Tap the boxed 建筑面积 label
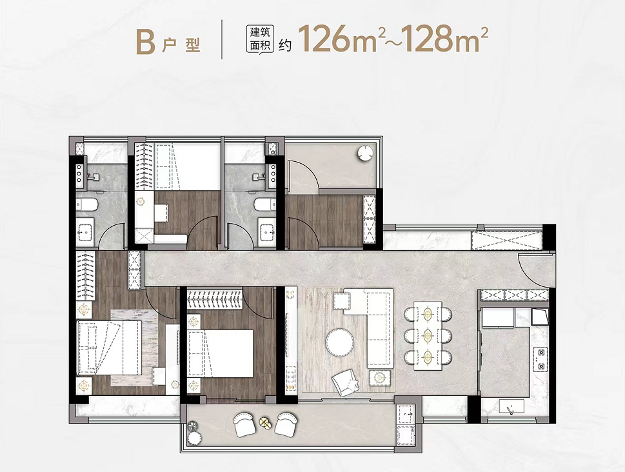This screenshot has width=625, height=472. click(260, 39)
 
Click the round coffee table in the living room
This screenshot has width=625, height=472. click(340, 342)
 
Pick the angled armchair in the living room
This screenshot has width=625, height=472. click(346, 383)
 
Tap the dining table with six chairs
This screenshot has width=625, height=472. click(428, 335)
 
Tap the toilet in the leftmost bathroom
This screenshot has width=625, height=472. click(86, 205)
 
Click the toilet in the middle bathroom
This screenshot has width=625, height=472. click(264, 204)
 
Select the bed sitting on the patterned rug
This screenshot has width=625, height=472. click(109, 348)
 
